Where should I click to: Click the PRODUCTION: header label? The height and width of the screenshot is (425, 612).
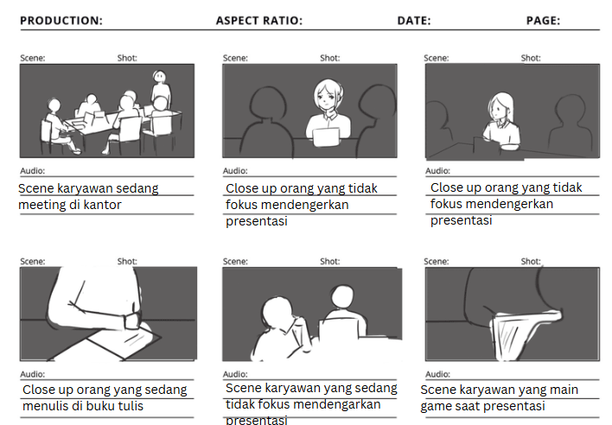61,21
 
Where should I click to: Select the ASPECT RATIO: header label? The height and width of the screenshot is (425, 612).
259,21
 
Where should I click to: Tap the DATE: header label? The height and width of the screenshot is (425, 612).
414,21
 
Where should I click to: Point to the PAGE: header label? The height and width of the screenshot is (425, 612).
543,21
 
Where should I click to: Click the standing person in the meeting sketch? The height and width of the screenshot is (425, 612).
160,88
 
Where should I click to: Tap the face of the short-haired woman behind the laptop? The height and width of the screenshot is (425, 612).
326,98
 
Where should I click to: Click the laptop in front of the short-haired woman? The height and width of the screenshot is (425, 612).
326,137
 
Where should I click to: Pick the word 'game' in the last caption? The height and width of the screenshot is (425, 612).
435,406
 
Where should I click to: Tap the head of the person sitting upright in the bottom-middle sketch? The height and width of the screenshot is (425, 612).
342,296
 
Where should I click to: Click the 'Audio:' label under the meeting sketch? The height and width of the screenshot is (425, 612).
32,171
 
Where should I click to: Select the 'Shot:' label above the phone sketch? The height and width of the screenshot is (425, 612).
531,261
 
